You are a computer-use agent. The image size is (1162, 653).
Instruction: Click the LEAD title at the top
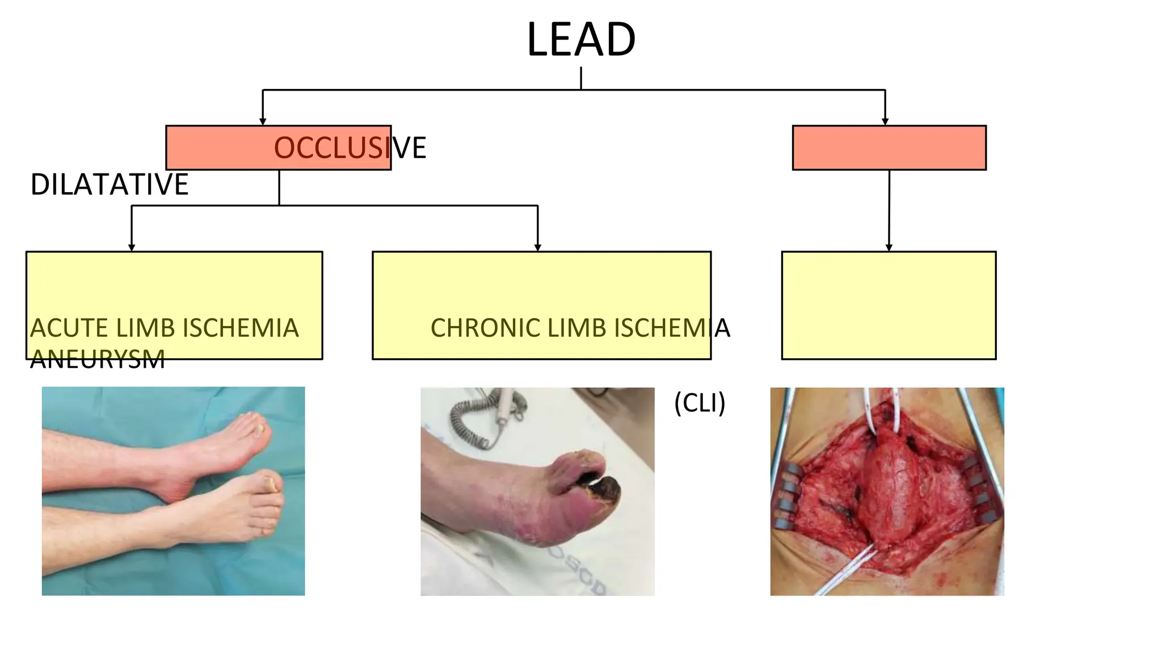[581, 40]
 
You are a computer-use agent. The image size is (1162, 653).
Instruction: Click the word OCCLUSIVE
[350, 149]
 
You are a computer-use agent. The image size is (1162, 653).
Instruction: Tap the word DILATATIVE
[109, 185]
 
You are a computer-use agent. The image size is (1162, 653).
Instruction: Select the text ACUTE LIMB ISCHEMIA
[164, 328]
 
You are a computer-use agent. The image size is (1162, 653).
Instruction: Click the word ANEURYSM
[97, 359]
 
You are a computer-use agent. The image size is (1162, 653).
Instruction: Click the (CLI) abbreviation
[699, 404]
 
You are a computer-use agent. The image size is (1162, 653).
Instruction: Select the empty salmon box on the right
[889, 148]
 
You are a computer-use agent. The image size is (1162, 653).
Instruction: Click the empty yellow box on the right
[888, 305]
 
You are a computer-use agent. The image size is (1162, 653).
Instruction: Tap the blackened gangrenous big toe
[605, 492]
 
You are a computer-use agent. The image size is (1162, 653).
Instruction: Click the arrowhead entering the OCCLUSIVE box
[263, 121]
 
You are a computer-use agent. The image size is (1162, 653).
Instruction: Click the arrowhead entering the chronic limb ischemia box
[537, 248]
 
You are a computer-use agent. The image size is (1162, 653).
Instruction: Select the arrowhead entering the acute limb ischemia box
[132, 248]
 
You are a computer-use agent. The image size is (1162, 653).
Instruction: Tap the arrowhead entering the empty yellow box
[889, 248]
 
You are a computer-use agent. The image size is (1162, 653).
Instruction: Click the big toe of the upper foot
[258, 431]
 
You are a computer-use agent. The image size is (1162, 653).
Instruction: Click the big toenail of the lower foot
[271, 485]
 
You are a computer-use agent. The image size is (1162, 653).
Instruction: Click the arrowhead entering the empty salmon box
[885, 121]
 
